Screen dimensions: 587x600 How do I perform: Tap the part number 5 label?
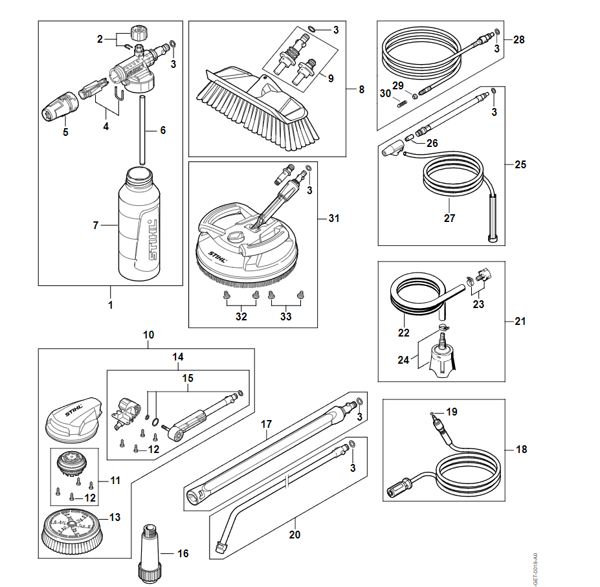[65, 132]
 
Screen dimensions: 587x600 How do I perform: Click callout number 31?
[333, 218]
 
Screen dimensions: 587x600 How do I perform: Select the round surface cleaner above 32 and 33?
[246, 249]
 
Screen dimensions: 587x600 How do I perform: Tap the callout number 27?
[450, 218]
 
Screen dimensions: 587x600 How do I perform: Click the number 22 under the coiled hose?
[404, 333]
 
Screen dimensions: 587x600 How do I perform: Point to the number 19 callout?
[451, 411]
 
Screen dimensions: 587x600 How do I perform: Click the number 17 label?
[266, 425]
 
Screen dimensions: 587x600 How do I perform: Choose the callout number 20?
[295, 535]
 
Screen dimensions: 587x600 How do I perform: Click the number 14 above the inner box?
[177, 357]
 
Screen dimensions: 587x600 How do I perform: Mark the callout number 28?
[518, 39]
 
